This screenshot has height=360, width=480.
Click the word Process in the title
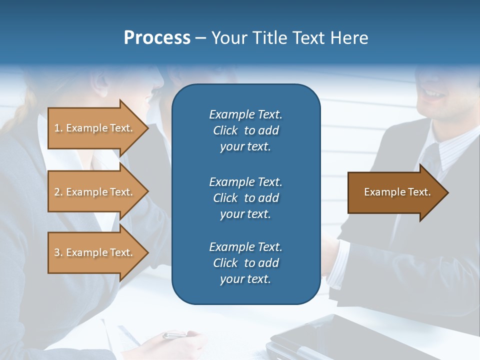click(157, 38)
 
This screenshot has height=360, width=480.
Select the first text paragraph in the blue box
click(245, 130)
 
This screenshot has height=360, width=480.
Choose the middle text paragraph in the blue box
click(245, 198)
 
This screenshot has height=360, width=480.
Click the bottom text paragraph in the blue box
click(245, 263)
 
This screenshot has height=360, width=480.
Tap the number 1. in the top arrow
click(58, 128)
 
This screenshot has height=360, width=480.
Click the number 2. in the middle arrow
click(58, 192)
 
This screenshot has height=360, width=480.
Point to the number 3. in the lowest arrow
click(58, 252)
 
